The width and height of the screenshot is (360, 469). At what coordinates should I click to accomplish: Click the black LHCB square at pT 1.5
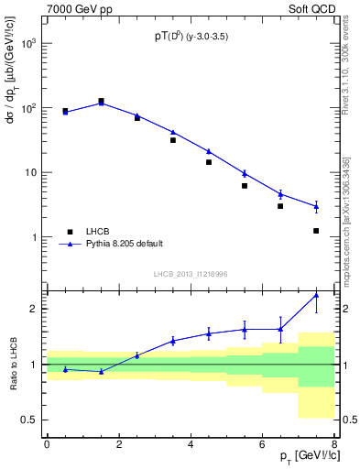101,102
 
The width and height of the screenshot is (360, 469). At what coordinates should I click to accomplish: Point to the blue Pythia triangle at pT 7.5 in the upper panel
316,207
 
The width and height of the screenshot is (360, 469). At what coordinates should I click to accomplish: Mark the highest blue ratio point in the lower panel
316,295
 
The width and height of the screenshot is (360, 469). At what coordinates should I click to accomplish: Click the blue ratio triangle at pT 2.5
136,355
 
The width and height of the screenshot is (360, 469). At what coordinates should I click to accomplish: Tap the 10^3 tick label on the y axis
28,44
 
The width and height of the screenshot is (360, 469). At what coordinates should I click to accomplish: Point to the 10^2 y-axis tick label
28,108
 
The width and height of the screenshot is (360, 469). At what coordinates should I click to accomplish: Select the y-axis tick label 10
30,172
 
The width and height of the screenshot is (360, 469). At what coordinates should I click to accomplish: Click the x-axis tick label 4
190,443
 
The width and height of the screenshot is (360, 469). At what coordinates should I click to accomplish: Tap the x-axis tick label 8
333,443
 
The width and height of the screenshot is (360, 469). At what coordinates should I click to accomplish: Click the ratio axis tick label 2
34,309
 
